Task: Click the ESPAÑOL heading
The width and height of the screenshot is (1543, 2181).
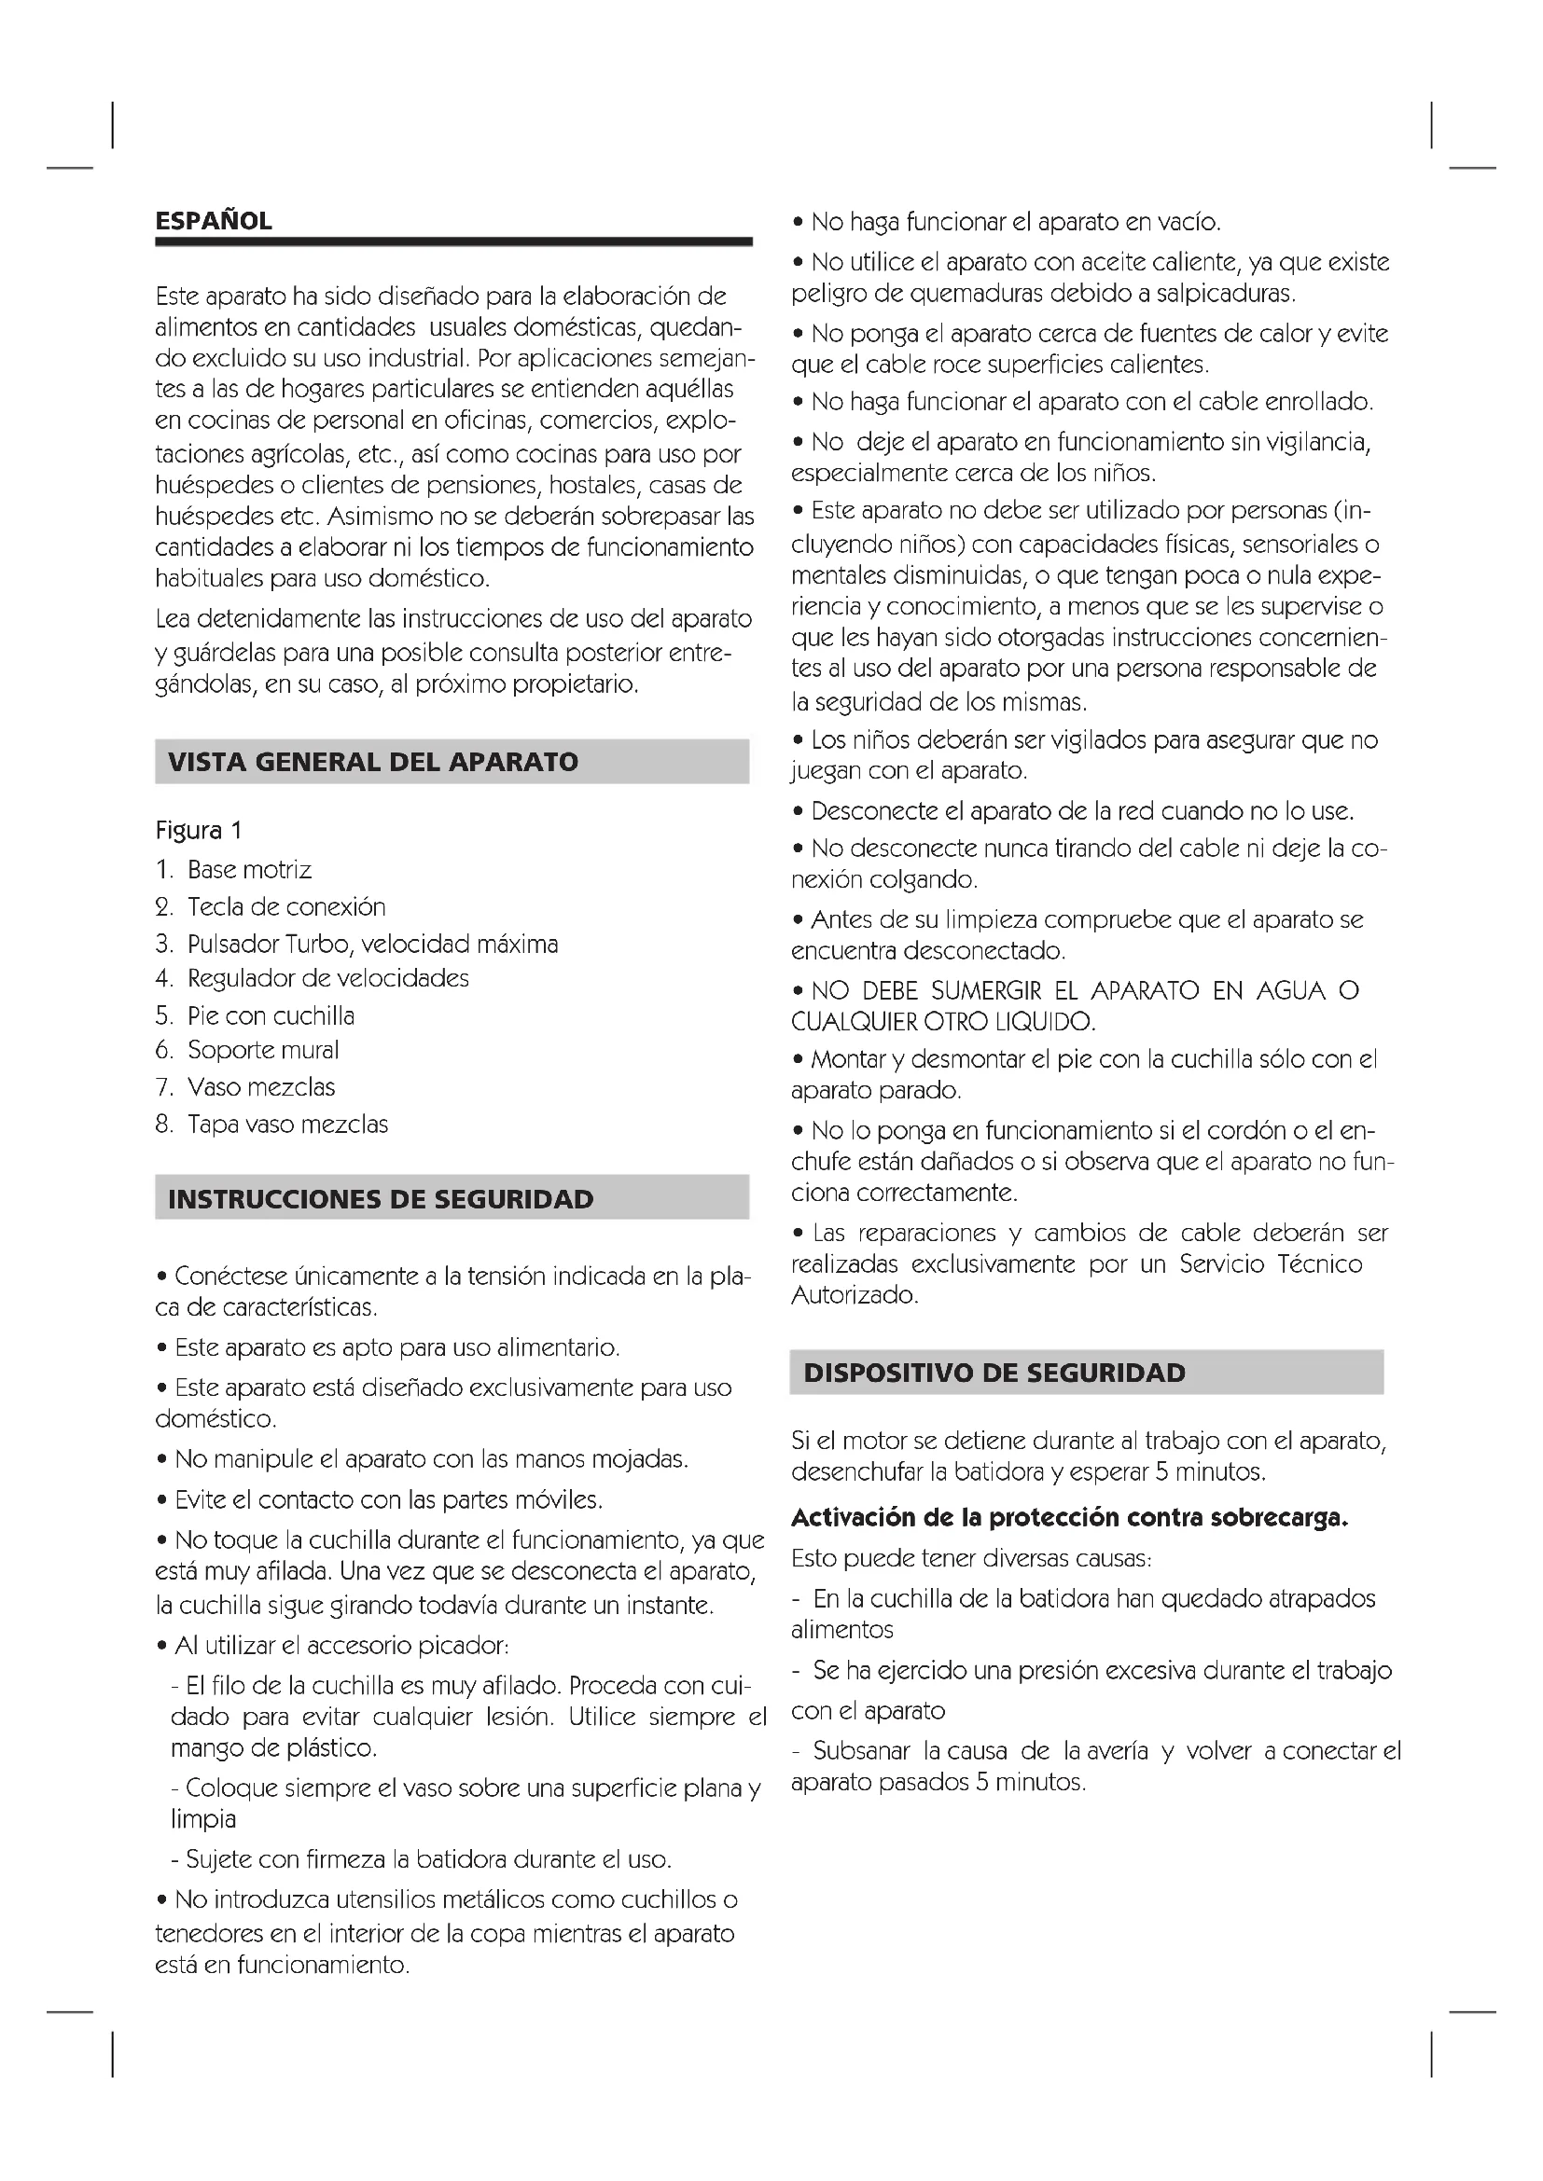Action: tap(214, 221)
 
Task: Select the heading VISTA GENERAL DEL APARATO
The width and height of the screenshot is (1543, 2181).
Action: tap(372, 762)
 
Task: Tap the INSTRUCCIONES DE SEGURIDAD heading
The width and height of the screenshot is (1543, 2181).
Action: tap(380, 1199)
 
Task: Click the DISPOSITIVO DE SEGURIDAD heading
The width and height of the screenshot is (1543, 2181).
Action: tap(994, 1373)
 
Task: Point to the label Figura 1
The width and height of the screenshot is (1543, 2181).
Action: tap(199, 830)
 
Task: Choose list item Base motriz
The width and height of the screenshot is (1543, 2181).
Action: tap(249, 870)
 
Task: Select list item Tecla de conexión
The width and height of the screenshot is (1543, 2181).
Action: tap(286, 907)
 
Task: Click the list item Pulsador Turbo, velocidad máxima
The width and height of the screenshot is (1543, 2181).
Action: tap(372, 945)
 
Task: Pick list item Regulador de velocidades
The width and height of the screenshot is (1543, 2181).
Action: tap(327, 978)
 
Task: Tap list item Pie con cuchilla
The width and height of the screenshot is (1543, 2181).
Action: tap(271, 1016)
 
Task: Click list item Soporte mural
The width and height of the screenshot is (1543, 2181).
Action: tap(263, 1051)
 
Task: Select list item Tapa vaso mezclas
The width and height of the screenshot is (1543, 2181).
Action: tap(288, 1125)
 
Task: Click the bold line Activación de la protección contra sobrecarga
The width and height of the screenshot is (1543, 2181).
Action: tap(1070, 1518)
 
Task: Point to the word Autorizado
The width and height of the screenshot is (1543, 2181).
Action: tap(855, 1296)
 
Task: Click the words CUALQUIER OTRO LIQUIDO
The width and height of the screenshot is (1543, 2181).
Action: tap(942, 1023)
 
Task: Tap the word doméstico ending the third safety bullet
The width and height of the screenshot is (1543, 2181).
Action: tap(215, 1420)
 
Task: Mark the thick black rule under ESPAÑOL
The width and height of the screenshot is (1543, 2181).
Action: tap(453, 242)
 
